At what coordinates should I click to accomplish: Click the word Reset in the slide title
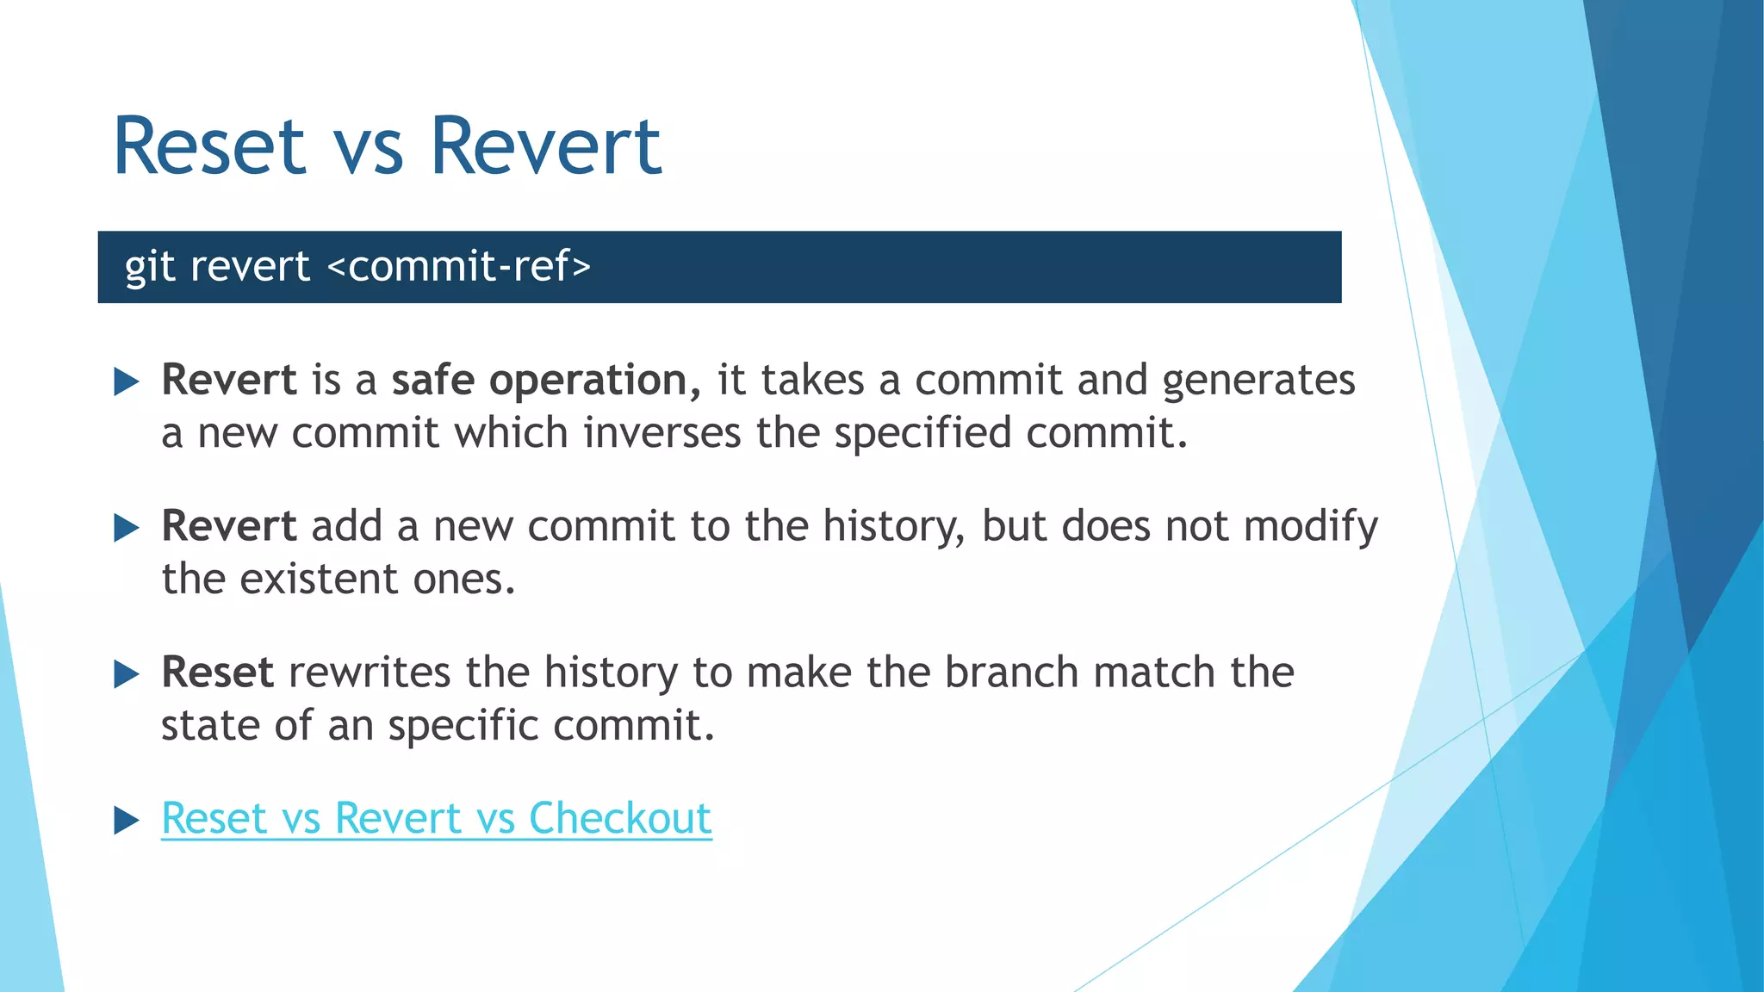click(x=209, y=146)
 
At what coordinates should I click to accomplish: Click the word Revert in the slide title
click(x=545, y=146)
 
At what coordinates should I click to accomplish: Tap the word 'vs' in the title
click(x=368, y=151)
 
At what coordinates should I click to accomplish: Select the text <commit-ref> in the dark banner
click(x=459, y=266)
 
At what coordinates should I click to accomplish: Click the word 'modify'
click(x=1310, y=527)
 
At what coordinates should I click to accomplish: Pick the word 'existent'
click(x=318, y=579)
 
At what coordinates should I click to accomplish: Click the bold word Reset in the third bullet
click(x=217, y=672)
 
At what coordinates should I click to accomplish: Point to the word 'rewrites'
click(x=369, y=672)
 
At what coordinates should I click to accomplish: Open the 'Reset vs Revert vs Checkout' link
click(x=436, y=818)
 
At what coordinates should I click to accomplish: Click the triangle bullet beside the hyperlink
click(x=126, y=820)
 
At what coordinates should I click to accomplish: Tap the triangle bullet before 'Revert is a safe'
click(x=126, y=381)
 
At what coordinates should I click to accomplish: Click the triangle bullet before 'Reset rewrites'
click(x=126, y=673)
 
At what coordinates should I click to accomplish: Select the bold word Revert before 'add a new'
click(x=229, y=526)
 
